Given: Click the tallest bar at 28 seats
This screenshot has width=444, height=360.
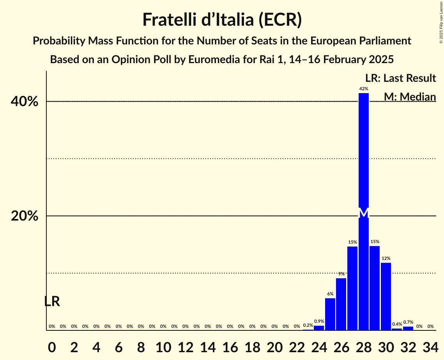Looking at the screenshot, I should pos(364,156).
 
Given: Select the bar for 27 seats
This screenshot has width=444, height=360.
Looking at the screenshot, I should pos(352,288).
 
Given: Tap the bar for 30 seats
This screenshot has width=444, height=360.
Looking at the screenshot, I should pos(386,296).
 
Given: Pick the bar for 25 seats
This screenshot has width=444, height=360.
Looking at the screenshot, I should pos(330,314).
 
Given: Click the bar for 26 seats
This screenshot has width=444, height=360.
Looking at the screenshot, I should pos(341,304).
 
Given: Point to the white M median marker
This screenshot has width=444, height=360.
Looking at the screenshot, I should pos(364,213).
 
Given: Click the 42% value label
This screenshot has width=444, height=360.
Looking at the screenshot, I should pos(364,89).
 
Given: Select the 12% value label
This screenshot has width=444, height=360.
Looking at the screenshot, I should pos(386,258).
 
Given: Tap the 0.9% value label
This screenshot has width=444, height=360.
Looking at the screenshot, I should pos(319,321).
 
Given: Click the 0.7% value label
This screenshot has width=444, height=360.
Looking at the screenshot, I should pos(408,322).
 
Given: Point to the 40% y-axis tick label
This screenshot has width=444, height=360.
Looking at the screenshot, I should pos(24,102).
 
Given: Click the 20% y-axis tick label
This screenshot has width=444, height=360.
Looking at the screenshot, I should pos(24,216).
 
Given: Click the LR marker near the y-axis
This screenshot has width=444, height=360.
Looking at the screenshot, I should pos(52,301).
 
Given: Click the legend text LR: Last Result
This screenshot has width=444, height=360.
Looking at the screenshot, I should pos(400,78).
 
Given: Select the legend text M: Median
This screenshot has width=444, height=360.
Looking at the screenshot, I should pos(410,97).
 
